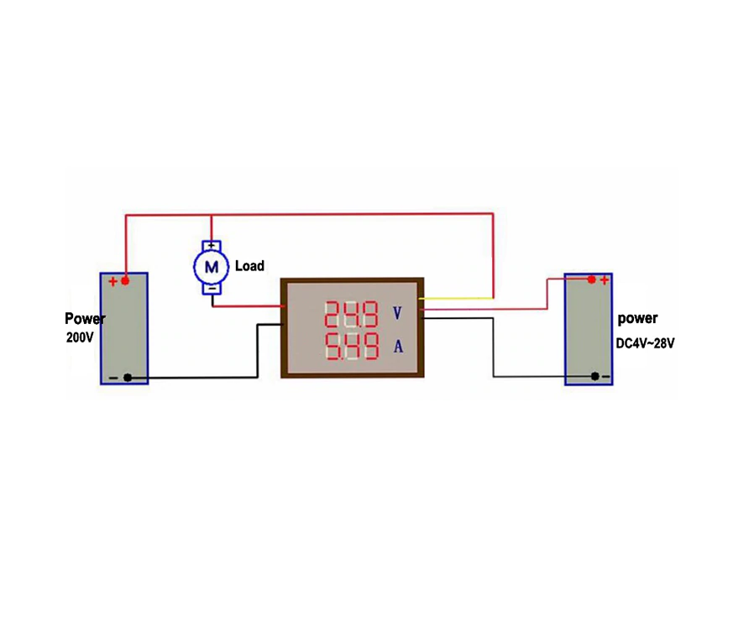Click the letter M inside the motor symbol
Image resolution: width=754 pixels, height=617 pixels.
pos(212,267)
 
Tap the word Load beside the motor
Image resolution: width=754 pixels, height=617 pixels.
pos(249,266)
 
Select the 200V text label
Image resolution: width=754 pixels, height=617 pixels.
pos(80,337)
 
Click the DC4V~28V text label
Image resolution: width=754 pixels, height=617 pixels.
pos(646,343)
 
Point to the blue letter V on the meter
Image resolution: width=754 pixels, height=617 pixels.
pos(397,314)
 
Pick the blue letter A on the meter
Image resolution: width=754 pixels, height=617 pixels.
pos(398,346)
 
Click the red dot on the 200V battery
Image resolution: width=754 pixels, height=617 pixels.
pos(125,281)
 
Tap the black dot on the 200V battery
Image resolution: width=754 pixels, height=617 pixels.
pos(128,378)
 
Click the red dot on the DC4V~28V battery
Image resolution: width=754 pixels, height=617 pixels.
pos(591,280)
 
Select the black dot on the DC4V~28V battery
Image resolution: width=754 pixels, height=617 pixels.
pos(594,376)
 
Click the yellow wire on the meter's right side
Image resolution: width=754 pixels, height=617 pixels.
pos(457,299)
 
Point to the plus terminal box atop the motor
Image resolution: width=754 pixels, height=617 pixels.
pos(212,246)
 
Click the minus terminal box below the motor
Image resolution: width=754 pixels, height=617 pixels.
pos(212,288)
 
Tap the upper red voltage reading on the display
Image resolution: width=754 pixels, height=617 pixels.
pos(352,314)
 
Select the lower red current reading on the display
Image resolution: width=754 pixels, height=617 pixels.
pos(352,346)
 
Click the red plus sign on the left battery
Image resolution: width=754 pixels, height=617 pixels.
pos(113,282)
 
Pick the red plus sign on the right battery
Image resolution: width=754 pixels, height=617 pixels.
pos(605,280)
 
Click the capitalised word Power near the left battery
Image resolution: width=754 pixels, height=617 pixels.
pos(85,318)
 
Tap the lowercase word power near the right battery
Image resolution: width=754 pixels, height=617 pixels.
pos(637,318)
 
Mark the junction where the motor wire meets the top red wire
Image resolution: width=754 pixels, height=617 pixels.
pos(212,215)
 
